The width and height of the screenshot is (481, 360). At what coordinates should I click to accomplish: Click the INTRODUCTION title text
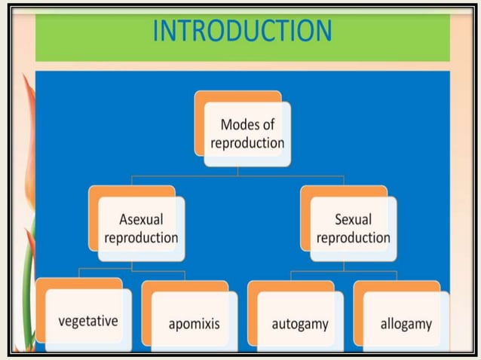click(241, 31)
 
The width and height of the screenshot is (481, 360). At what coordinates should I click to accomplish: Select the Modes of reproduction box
click(247, 134)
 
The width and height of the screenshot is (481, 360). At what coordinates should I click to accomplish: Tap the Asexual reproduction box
click(141, 229)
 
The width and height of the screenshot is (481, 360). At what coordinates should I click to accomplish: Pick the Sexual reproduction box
click(353, 229)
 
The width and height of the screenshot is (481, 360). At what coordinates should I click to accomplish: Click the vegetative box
click(88, 321)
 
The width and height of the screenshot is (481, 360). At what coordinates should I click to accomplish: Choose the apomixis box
click(194, 324)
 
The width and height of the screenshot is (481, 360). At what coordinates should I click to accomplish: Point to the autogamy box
click(300, 324)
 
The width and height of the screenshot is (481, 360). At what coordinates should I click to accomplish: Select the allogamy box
click(406, 324)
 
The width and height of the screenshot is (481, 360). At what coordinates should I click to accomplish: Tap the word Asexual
click(141, 220)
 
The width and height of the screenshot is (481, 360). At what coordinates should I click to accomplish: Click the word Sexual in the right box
click(353, 220)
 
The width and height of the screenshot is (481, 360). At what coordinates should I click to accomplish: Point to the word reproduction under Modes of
click(247, 143)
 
